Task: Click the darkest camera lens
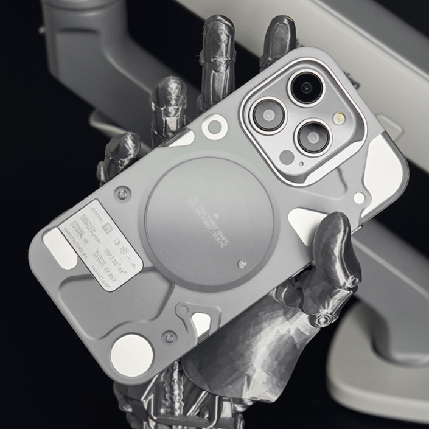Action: (307, 88)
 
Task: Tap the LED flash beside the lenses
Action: (339, 118)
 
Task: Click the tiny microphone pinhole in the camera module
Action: (301, 164)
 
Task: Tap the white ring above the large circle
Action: (215, 127)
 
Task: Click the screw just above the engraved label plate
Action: (124, 194)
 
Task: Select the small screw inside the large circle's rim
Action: (242, 264)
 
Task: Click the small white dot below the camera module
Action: (359, 197)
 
